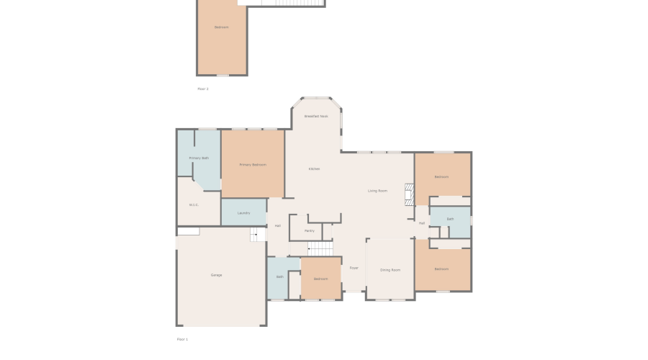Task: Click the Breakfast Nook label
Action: point(316,116)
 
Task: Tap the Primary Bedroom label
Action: point(253,165)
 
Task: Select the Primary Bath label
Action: point(199,158)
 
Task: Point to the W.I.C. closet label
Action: point(194,204)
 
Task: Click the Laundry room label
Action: point(243,212)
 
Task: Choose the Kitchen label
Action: point(314,169)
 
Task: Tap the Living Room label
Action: point(377,191)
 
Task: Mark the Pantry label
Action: point(310,231)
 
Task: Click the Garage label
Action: point(216,275)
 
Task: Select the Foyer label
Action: point(354,268)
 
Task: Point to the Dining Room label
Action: point(390,269)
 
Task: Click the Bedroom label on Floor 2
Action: point(221,27)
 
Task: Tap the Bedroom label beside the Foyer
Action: point(320,279)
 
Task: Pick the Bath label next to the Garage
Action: point(279,276)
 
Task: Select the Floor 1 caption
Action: point(182,338)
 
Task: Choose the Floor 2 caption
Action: point(203,89)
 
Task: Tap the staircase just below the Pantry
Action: point(321,248)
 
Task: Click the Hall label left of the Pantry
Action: point(277,225)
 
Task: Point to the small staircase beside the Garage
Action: point(258,234)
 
